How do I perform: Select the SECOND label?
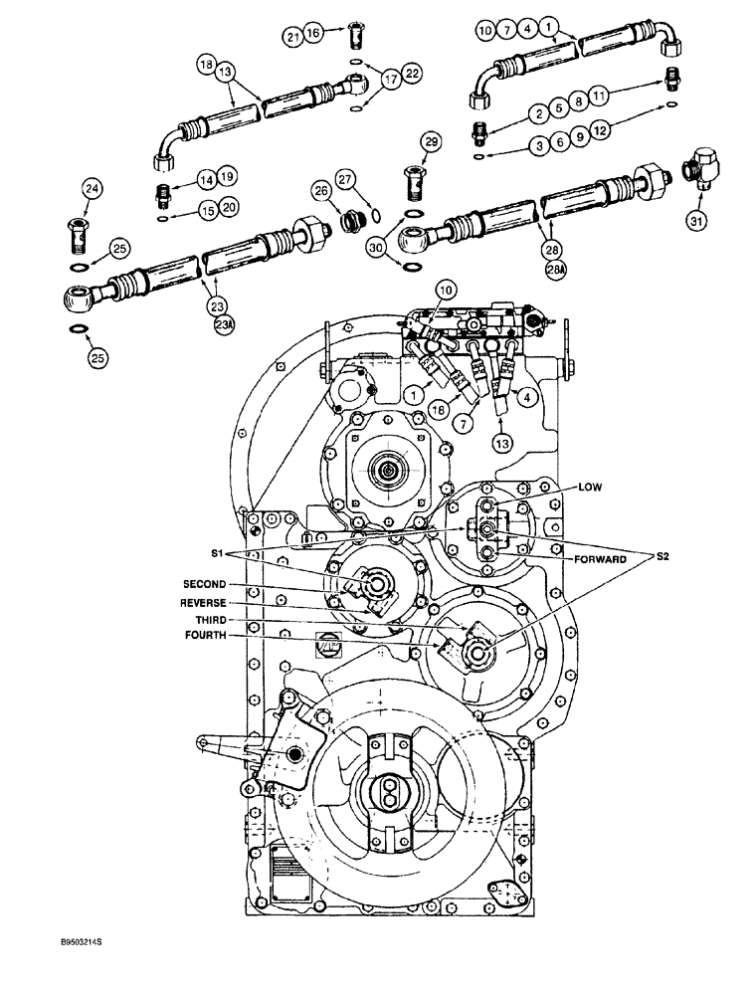click(x=203, y=585)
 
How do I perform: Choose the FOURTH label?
click(x=206, y=635)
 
